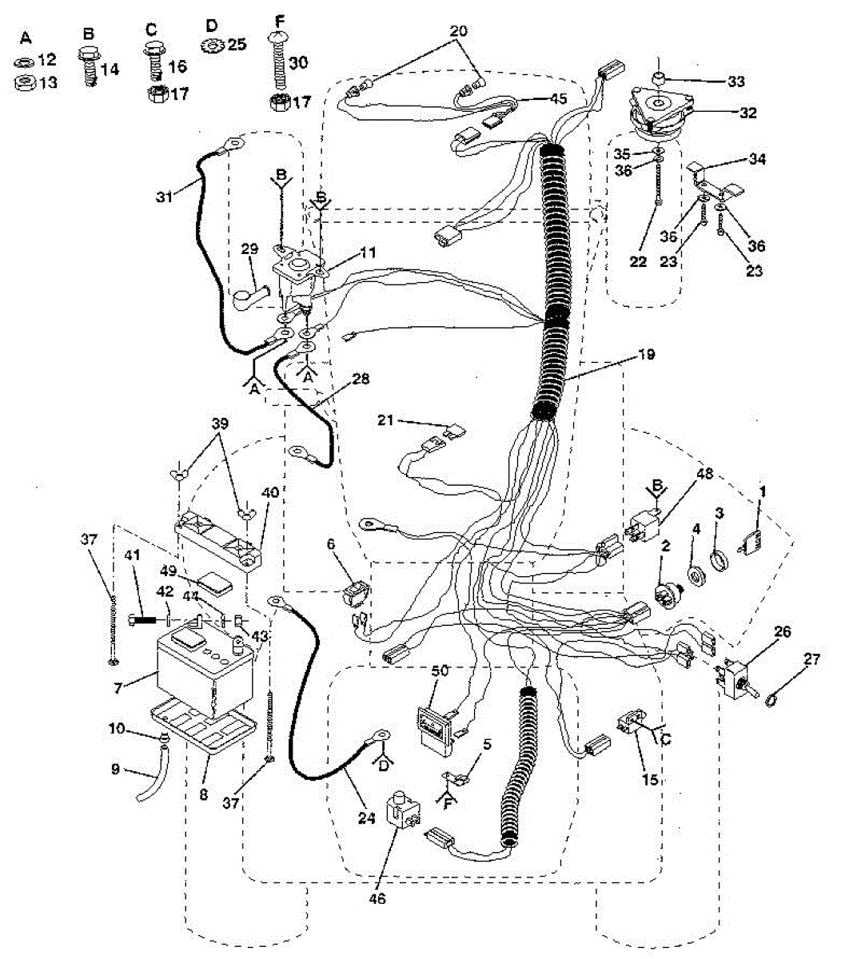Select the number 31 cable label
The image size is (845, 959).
(165, 196)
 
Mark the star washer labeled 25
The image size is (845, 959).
(213, 45)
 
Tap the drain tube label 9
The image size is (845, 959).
(114, 769)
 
